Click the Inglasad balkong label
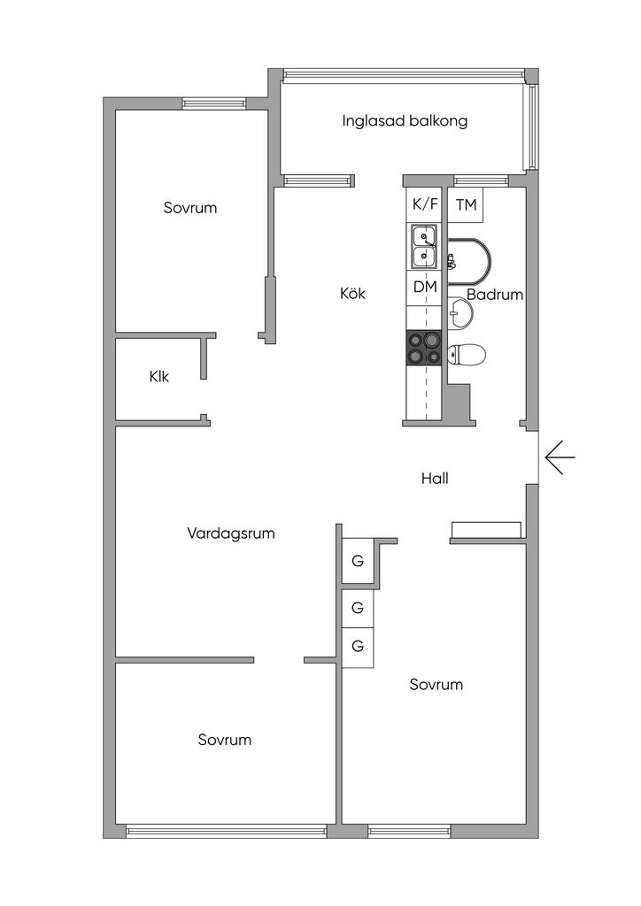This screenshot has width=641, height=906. [x=405, y=121]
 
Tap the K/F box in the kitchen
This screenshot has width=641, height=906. [x=425, y=204]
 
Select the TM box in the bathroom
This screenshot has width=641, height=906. [x=466, y=205]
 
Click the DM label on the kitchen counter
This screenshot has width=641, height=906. [x=425, y=287]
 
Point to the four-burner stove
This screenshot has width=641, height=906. [x=424, y=348]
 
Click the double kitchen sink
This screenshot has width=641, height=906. [x=425, y=247]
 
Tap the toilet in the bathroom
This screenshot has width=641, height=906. [x=467, y=355]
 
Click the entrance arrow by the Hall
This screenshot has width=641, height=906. [x=560, y=457]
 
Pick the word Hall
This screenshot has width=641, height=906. [x=435, y=479]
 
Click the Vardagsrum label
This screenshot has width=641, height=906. [x=231, y=534]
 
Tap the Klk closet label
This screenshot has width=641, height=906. [x=159, y=377]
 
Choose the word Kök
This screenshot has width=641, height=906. [x=352, y=293]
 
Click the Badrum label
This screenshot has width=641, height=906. [x=495, y=295]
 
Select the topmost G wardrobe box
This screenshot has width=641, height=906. [x=358, y=561]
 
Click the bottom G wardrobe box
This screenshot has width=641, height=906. [x=358, y=646]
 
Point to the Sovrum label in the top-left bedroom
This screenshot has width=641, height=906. [x=190, y=208]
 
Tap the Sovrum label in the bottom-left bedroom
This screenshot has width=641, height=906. [x=225, y=740]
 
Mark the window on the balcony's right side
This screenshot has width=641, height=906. [x=531, y=127]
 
